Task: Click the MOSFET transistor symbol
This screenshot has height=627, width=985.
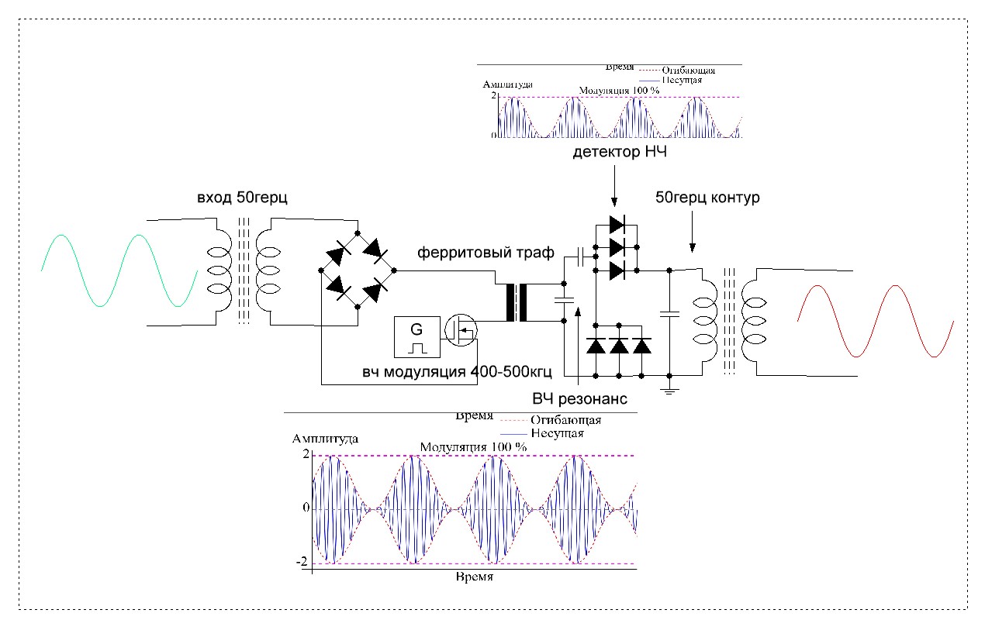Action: [x=461, y=331]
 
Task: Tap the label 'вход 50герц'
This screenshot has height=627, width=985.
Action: [x=242, y=198]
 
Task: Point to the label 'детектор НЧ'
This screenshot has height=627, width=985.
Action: [x=620, y=153]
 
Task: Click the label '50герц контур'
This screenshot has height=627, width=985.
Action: [x=707, y=198]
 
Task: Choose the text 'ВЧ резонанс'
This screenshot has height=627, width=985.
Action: [x=579, y=398]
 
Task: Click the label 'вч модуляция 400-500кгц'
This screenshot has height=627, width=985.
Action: [x=457, y=372]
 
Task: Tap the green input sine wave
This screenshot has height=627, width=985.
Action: [x=119, y=270]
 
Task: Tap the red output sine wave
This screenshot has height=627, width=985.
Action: [x=875, y=321]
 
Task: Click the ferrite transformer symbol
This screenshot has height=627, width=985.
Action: [x=517, y=303]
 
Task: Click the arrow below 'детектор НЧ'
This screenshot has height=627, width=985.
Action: [x=614, y=185]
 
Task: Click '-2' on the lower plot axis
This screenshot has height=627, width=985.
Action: [x=304, y=561]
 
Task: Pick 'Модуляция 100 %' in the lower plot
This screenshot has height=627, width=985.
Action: [x=473, y=447]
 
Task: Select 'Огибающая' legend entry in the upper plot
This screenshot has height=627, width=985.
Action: [x=688, y=71]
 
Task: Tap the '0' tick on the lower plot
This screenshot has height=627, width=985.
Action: [x=306, y=508]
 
